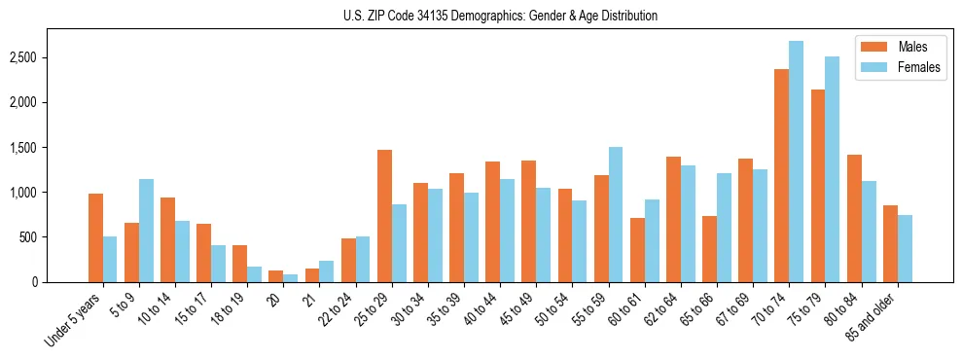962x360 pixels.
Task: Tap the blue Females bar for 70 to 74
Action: [796, 162]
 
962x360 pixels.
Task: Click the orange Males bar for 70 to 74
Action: [781, 175]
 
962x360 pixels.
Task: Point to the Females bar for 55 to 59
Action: [616, 214]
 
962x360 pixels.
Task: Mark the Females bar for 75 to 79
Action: [832, 169]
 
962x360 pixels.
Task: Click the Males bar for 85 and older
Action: [890, 243]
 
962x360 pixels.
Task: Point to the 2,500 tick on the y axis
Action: [50, 57]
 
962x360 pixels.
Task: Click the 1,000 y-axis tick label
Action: [50, 193]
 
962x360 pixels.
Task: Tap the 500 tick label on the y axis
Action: [54, 237]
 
